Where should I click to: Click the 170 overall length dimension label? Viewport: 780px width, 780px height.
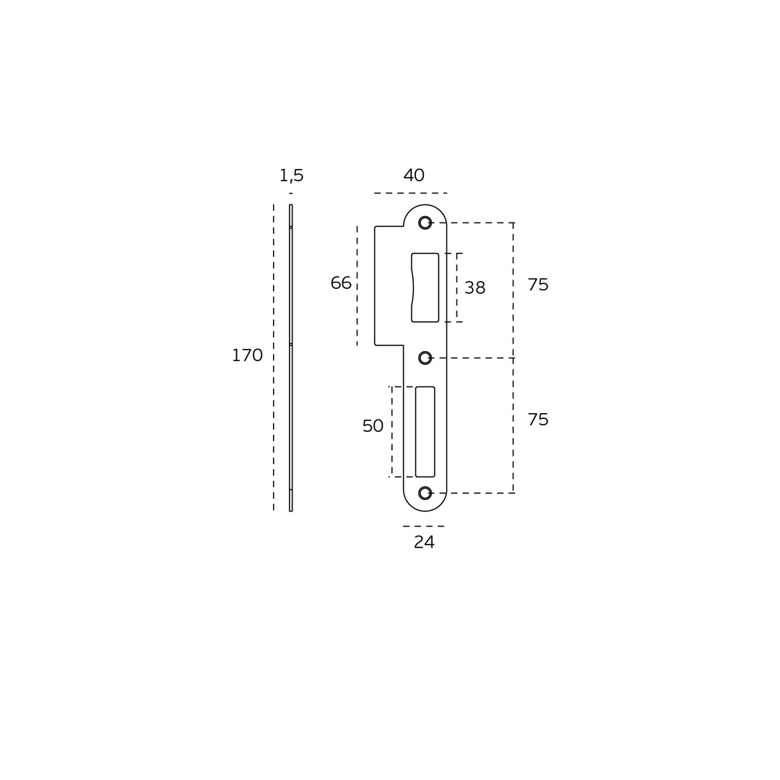coord(247,355)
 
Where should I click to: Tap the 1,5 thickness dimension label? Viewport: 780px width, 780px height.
coord(292,175)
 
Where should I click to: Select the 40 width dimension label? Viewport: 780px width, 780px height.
coord(414,175)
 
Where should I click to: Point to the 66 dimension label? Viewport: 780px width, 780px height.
coord(341,283)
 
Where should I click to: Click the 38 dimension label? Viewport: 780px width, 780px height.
coord(475,287)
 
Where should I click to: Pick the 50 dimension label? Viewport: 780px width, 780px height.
coord(373,426)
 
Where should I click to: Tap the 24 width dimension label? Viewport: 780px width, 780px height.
coord(425,542)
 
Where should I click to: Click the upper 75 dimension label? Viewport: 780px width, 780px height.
coord(538,285)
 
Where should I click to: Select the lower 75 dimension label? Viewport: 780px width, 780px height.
coord(538,420)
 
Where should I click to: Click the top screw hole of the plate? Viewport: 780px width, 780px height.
coord(425,223)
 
